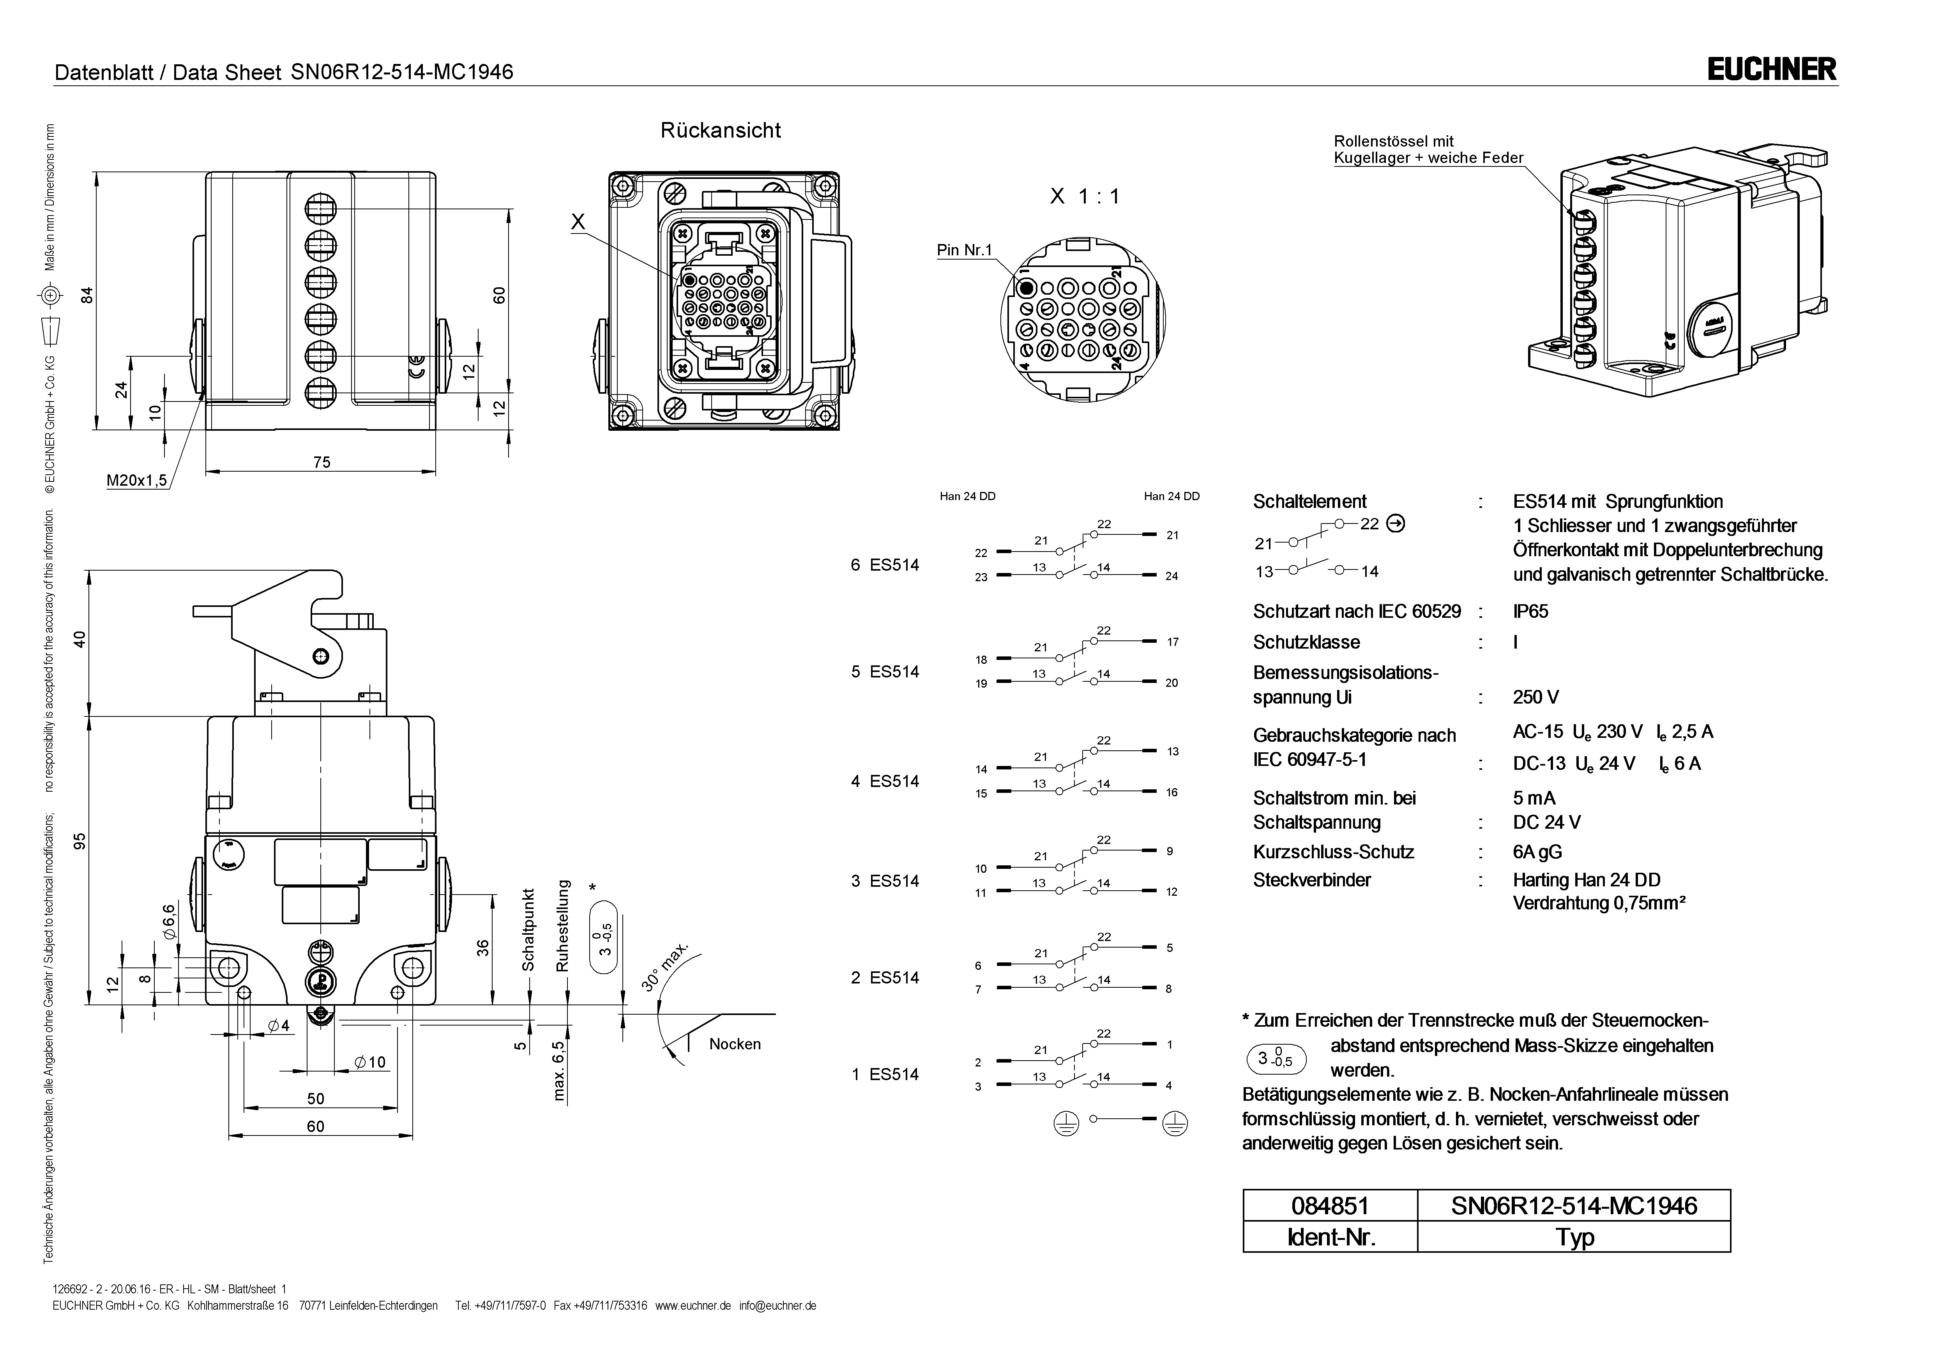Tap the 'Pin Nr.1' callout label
(x=965, y=250)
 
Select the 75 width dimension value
(x=322, y=462)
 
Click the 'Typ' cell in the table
(x=1574, y=1237)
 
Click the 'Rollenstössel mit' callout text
(x=1393, y=141)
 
